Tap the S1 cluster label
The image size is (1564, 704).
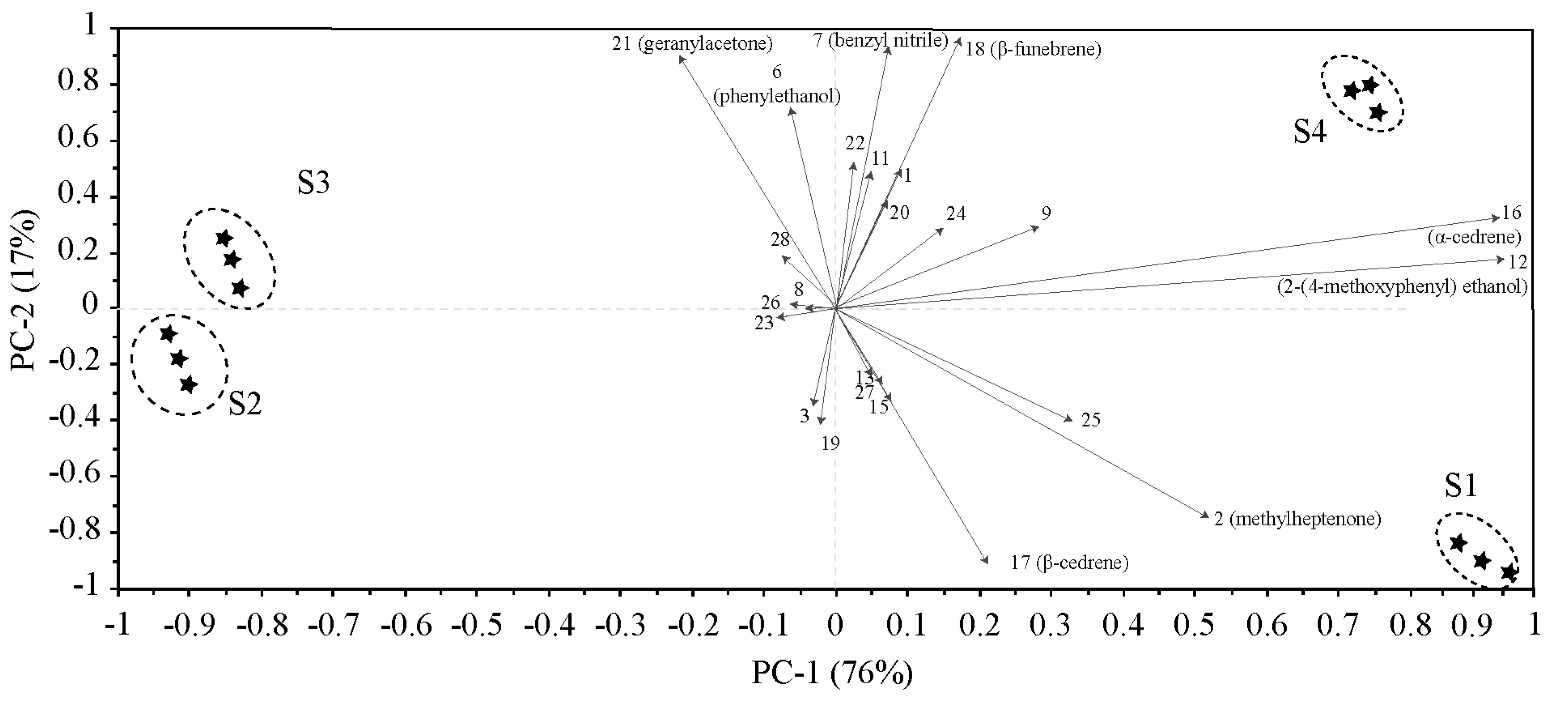click(1460, 486)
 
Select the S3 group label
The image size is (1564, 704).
click(313, 183)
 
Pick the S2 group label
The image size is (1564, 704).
click(245, 404)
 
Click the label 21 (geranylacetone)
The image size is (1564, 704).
click(691, 44)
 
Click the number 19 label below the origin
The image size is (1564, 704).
click(831, 444)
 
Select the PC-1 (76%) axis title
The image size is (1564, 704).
click(832, 673)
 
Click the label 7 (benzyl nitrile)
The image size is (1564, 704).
click(880, 41)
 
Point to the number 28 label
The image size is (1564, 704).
click(780, 240)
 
